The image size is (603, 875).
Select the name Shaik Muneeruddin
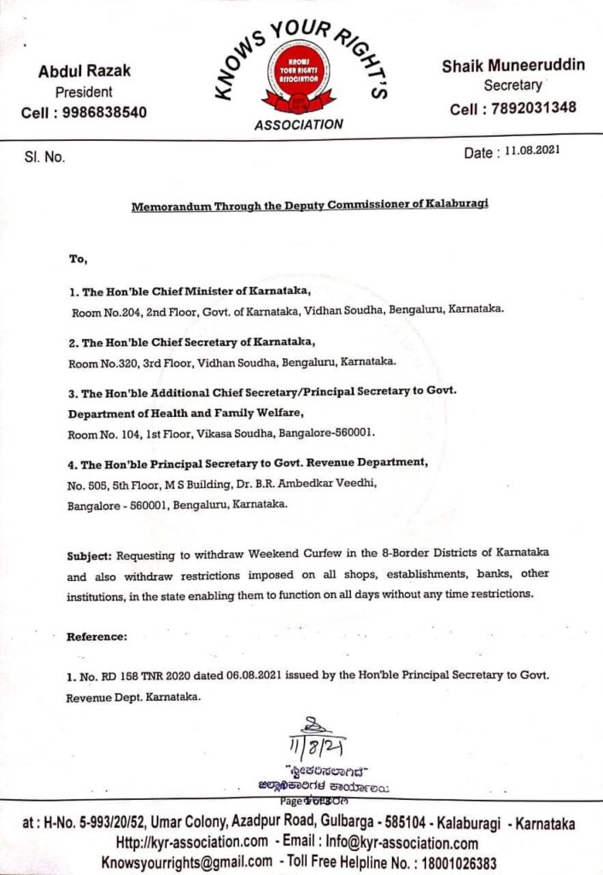513,66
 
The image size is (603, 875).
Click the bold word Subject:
88,556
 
